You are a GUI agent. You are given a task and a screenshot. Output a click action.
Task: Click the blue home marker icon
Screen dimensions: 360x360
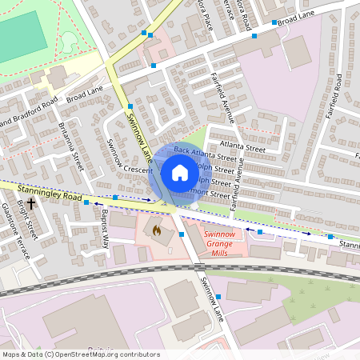pos(180,173)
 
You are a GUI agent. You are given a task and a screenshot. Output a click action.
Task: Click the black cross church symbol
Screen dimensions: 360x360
pos(31,204)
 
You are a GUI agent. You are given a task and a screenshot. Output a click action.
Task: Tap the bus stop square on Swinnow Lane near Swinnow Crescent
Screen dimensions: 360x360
pos(129,106)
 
